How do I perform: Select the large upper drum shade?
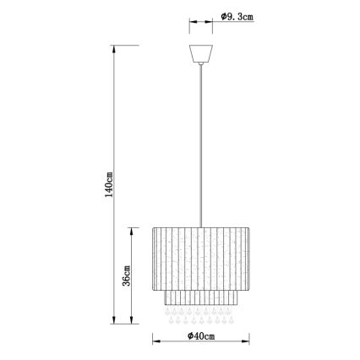[200, 257]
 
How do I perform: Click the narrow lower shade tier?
[200, 299]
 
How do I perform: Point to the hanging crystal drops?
[200, 319]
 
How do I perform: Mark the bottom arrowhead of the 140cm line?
[116, 323]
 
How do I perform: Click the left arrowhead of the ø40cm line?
[155, 341]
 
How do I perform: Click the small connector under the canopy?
[200, 68]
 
